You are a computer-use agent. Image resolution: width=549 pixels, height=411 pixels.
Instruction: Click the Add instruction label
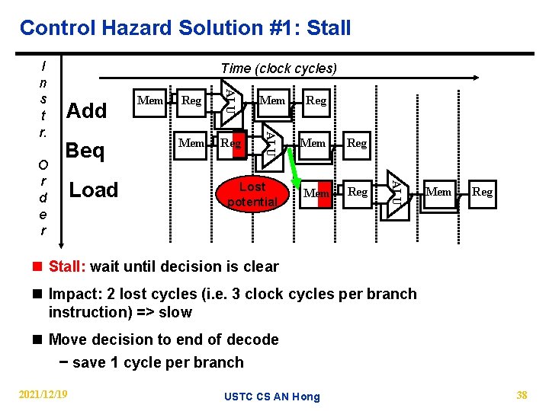pos(87,111)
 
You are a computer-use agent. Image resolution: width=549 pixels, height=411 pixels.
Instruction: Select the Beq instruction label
pos(85,151)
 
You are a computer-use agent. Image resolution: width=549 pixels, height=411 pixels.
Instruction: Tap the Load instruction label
pos(94,190)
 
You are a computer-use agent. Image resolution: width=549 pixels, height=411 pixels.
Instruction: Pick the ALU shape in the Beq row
pos(270,142)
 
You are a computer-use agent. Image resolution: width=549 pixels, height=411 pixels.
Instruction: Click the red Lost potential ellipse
pos(252,194)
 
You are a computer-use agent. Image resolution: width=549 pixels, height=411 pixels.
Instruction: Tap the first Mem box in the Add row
pos(149,100)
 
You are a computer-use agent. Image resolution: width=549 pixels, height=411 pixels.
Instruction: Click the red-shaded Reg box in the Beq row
pos(231,143)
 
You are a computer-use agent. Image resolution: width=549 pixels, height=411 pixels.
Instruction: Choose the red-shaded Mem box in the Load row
pos(316,193)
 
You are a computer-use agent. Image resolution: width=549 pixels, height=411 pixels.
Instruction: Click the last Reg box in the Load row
pos(482,192)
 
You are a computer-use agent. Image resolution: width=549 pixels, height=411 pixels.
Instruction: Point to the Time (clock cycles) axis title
pos(278,68)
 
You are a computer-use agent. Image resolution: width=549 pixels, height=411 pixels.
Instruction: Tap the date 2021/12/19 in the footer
pos(43,394)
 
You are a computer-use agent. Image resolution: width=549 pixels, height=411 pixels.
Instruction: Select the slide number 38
pos(522,395)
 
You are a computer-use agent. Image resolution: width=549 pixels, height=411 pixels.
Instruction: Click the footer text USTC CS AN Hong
pos(272,396)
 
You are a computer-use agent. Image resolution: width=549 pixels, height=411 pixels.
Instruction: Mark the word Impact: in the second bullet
pos(75,295)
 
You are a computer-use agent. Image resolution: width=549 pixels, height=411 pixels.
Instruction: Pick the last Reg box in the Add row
pos(316,100)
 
